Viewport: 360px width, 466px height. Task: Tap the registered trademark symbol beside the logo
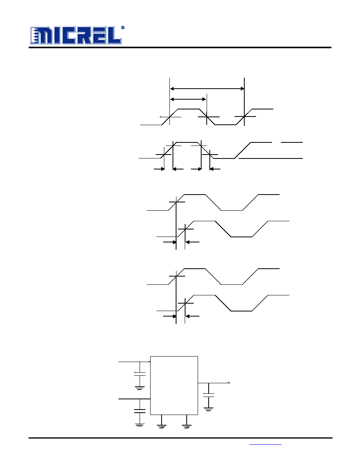[123, 27]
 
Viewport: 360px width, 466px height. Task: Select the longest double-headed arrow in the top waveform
[207, 89]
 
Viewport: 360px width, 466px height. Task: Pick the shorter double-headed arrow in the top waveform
[188, 99]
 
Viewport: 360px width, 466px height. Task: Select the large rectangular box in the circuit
[174, 385]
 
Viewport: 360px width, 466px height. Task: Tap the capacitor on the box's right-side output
[209, 395]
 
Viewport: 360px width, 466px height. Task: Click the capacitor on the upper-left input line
[140, 374]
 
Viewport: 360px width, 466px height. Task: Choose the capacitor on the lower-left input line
[140, 411]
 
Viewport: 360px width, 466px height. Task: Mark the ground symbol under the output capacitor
[209, 409]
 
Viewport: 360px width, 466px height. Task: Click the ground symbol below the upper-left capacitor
[140, 388]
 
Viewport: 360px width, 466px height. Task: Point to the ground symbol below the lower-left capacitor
[140, 425]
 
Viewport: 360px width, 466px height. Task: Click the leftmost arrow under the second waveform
[159, 169]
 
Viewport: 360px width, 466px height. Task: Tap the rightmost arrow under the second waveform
[215, 169]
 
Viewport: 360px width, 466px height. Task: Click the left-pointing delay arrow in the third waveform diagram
[193, 242]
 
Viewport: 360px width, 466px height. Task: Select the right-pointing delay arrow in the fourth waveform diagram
[170, 317]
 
